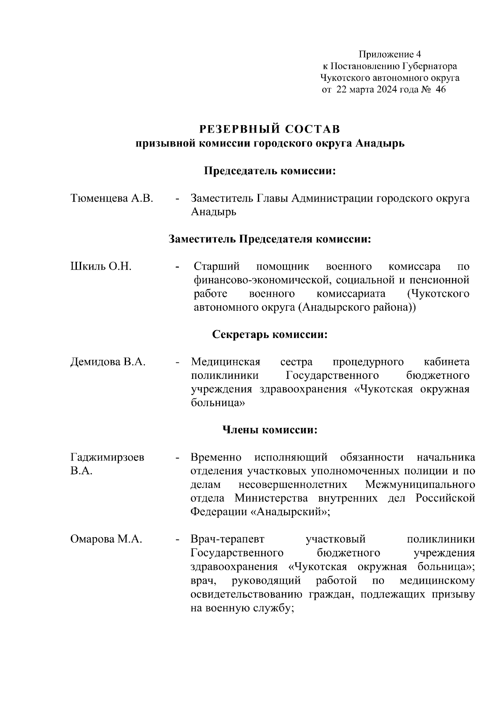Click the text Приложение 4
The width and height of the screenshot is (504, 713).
coord(389,55)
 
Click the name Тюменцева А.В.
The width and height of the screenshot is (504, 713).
coord(112,198)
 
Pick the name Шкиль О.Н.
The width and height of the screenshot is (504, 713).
coord(101,266)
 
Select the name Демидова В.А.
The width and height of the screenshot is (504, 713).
coord(108,362)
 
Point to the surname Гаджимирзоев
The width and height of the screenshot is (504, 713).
coord(108,457)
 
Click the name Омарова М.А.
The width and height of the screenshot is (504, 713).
coord(106,539)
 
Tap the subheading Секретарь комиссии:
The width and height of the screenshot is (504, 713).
coord(270,335)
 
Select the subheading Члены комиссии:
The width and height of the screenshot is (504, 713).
coord(270,430)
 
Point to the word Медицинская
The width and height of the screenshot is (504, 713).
coord(226,362)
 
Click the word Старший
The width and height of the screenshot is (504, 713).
coord(217,266)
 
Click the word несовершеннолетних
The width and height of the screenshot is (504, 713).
coord(293,485)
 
